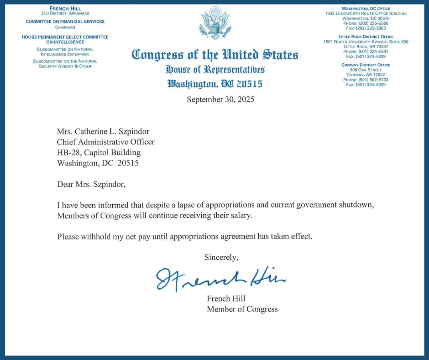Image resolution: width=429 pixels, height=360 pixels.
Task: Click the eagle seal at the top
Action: point(214,22)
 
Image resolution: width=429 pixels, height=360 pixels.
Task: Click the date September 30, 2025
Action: point(220,99)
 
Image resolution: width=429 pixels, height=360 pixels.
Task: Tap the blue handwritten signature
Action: point(220,277)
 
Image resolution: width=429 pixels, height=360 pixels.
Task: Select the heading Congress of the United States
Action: point(214,55)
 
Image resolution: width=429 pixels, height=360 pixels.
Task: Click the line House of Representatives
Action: point(215,70)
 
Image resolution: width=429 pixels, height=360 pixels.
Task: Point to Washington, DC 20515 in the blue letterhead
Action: point(215,84)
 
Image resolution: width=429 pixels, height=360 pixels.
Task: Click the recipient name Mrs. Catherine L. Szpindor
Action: point(103,131)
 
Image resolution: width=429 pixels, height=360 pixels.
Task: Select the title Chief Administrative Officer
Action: point(105,142)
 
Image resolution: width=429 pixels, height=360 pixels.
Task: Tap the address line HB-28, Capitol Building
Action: point(99,152)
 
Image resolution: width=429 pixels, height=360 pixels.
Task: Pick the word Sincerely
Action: point(221,257)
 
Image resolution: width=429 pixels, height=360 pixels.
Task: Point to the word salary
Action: point(240,216)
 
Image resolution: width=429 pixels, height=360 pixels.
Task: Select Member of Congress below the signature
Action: point(242,309)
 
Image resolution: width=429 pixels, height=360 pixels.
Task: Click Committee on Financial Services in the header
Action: point(65,21)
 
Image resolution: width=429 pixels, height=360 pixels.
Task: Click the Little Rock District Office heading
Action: point(366,37)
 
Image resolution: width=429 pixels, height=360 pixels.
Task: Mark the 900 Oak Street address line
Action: point(366,70)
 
